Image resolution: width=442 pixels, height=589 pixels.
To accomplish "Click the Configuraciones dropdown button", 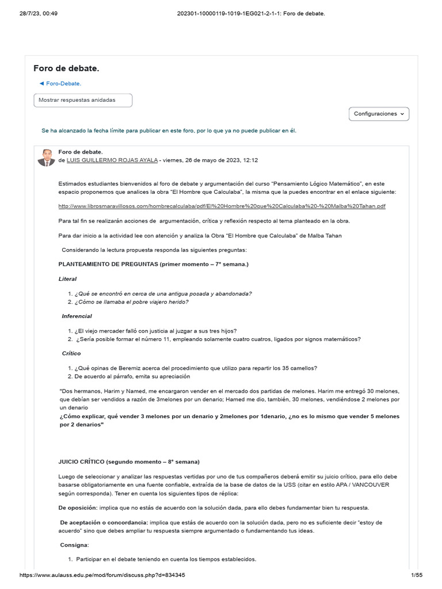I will click(x=379, y=114).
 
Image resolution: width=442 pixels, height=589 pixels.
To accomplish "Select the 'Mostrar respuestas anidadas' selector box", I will click(x=83, y=100).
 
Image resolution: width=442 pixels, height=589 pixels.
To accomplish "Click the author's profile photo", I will click(x=46, y=157).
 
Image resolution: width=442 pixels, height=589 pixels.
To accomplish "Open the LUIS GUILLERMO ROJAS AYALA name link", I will click(x=112, y=160).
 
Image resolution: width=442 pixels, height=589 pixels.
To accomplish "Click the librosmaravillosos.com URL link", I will click(x=222, y=206).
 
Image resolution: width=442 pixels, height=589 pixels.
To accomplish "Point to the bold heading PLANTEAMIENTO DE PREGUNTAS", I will click(x=154, y=264).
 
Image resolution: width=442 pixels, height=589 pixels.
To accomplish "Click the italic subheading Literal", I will click(x=67, y=279).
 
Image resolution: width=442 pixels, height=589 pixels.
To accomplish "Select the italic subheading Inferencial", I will click(x=77, y=316).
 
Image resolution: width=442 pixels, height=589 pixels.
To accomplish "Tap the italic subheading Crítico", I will click(x=71, y=353).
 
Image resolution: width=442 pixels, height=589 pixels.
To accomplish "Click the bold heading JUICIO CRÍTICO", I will click(x=129, y=462).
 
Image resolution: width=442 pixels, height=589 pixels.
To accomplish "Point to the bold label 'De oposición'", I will click(x=78, y=508).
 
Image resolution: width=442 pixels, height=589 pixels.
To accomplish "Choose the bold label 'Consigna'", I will click(x=74, y=545).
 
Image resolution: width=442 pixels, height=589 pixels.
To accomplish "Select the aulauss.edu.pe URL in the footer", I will click(x=102, y=575).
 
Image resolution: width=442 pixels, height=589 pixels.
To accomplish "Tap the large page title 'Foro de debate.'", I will click(x=66, y=68).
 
